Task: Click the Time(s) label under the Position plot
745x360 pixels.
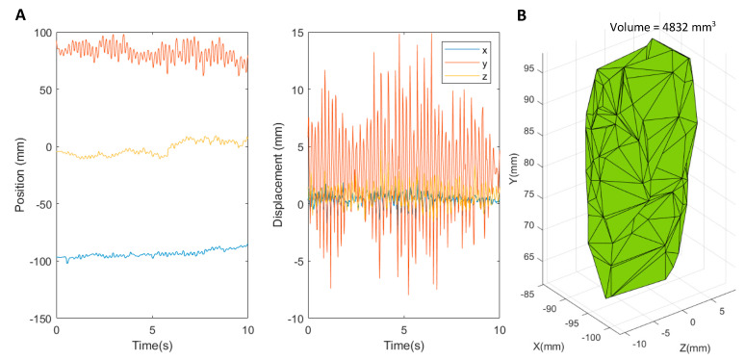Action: point(152,346)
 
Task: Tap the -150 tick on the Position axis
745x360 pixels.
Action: point(40,318)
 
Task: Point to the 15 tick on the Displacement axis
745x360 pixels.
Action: point(296,34)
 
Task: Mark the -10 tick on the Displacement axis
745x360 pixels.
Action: point(295,318)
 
